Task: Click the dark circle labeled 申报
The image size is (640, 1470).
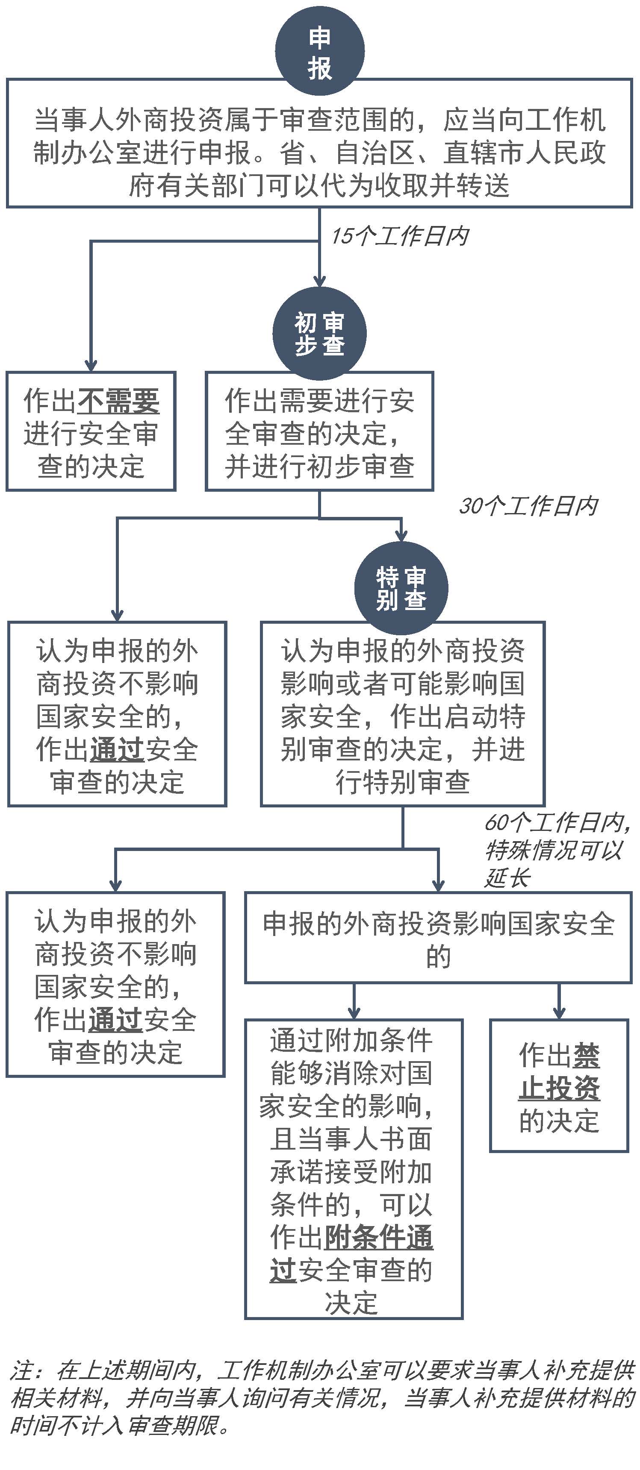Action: click(320, 51)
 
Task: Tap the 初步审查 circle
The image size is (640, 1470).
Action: click(320, 334)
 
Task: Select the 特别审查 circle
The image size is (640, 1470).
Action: click(401, 588)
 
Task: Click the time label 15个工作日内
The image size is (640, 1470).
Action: click(400, 236)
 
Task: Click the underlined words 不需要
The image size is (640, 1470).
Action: click(118, 401)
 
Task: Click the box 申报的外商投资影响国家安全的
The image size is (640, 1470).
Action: click(439, 938)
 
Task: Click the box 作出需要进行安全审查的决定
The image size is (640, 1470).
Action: click(320, 431)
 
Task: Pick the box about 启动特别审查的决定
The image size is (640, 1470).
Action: click(403, 714)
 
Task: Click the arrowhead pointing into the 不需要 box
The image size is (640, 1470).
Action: click(91, 366)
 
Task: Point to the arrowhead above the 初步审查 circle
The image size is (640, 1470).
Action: click(320, 281)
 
